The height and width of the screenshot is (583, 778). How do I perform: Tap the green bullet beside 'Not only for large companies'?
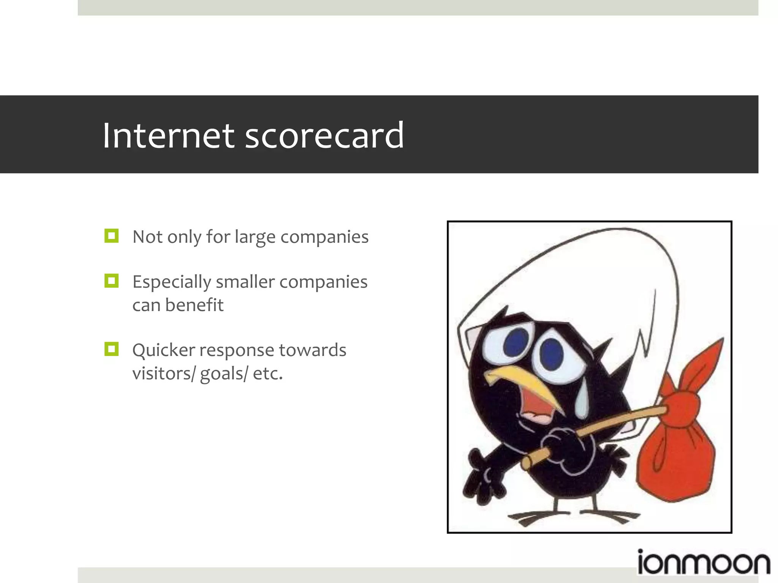[x=111, y=236]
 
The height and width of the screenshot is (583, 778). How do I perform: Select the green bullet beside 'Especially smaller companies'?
[x=111, y=281]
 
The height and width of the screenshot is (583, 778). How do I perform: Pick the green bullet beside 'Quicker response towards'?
[x=111, y=349]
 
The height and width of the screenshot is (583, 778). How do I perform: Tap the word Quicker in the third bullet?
[x=163, y=350]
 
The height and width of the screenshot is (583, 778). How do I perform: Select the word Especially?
[x=171, y=282]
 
